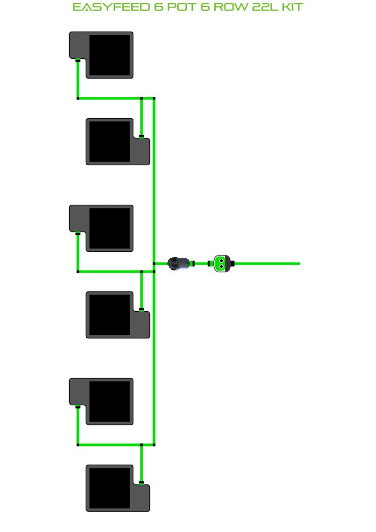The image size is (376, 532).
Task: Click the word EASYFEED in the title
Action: click(111, 7)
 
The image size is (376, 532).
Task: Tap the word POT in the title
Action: click(182, 7)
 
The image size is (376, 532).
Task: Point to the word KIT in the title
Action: click(292, 7)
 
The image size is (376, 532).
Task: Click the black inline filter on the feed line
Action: click(179, 264)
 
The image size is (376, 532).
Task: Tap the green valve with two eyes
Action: click(221, 264)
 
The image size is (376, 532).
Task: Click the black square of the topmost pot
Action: click(110, 55)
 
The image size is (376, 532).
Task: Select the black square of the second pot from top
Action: click(109, 142)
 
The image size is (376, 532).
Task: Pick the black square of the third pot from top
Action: click(110, 228)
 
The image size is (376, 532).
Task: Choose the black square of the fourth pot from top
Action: click(109, 315)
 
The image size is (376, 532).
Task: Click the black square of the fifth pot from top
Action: click(110, 402)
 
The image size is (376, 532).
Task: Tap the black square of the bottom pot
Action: click(109, 488)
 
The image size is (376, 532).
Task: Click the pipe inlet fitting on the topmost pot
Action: click(78, 60)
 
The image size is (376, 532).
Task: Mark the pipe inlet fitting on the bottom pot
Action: click(141, 483)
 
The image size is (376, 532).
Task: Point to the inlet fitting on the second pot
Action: click(141, 136)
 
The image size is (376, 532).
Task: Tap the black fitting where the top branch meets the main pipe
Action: click(154, 98)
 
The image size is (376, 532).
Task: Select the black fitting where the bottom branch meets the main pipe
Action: click(154, 444)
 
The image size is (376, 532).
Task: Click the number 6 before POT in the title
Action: click(158, 7)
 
